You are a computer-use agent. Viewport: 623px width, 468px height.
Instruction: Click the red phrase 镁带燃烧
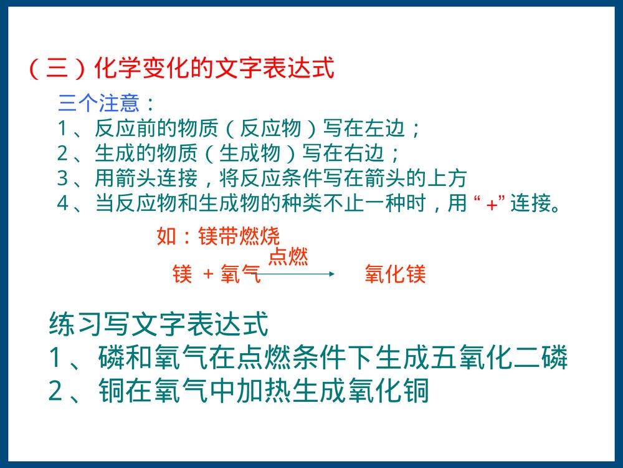pyautogui.click(x=239, y=237)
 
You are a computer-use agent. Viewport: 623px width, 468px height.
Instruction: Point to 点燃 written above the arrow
pyautogui.click(x=288, y=256)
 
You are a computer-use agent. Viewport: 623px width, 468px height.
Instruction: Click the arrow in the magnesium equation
pyautogui.click(x=298, y=274)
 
